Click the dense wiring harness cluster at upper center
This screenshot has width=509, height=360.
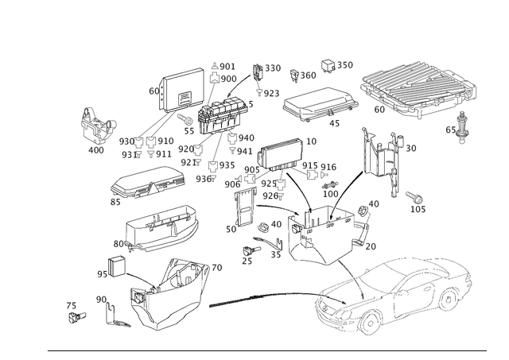pyautogui.click(x=215, y=115)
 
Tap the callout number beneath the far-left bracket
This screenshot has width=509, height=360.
pyautogui.click(x=95, y=149)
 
